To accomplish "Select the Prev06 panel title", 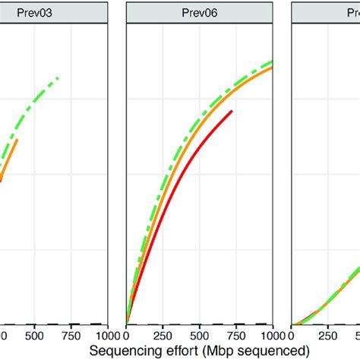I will click(198, 11).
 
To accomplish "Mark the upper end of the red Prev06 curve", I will click(231, 112).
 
